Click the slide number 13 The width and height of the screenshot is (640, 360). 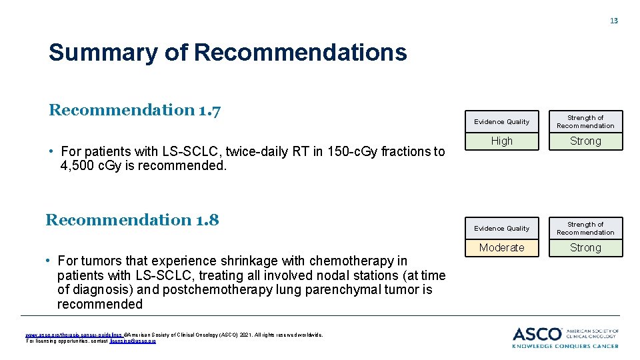[614, 21]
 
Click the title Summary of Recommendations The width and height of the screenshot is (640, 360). [227, 52]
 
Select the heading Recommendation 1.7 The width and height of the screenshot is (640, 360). [135, 110]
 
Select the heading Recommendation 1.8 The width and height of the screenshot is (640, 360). [132, 220]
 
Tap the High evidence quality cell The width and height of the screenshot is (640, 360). [502, 141]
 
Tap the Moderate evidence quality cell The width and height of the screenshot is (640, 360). [502, 248]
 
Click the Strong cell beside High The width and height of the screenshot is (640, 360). [585, 141]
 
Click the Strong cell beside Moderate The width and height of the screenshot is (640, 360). [585, 248]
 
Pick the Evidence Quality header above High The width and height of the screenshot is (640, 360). [502, 122]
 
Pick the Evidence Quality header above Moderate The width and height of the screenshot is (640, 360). [502, 229]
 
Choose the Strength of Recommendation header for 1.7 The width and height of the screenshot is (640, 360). [585, 121]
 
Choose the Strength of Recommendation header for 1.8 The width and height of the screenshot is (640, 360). [585, 228]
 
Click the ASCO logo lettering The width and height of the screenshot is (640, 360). [537, 334]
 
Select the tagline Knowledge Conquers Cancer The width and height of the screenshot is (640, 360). [565, 345]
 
